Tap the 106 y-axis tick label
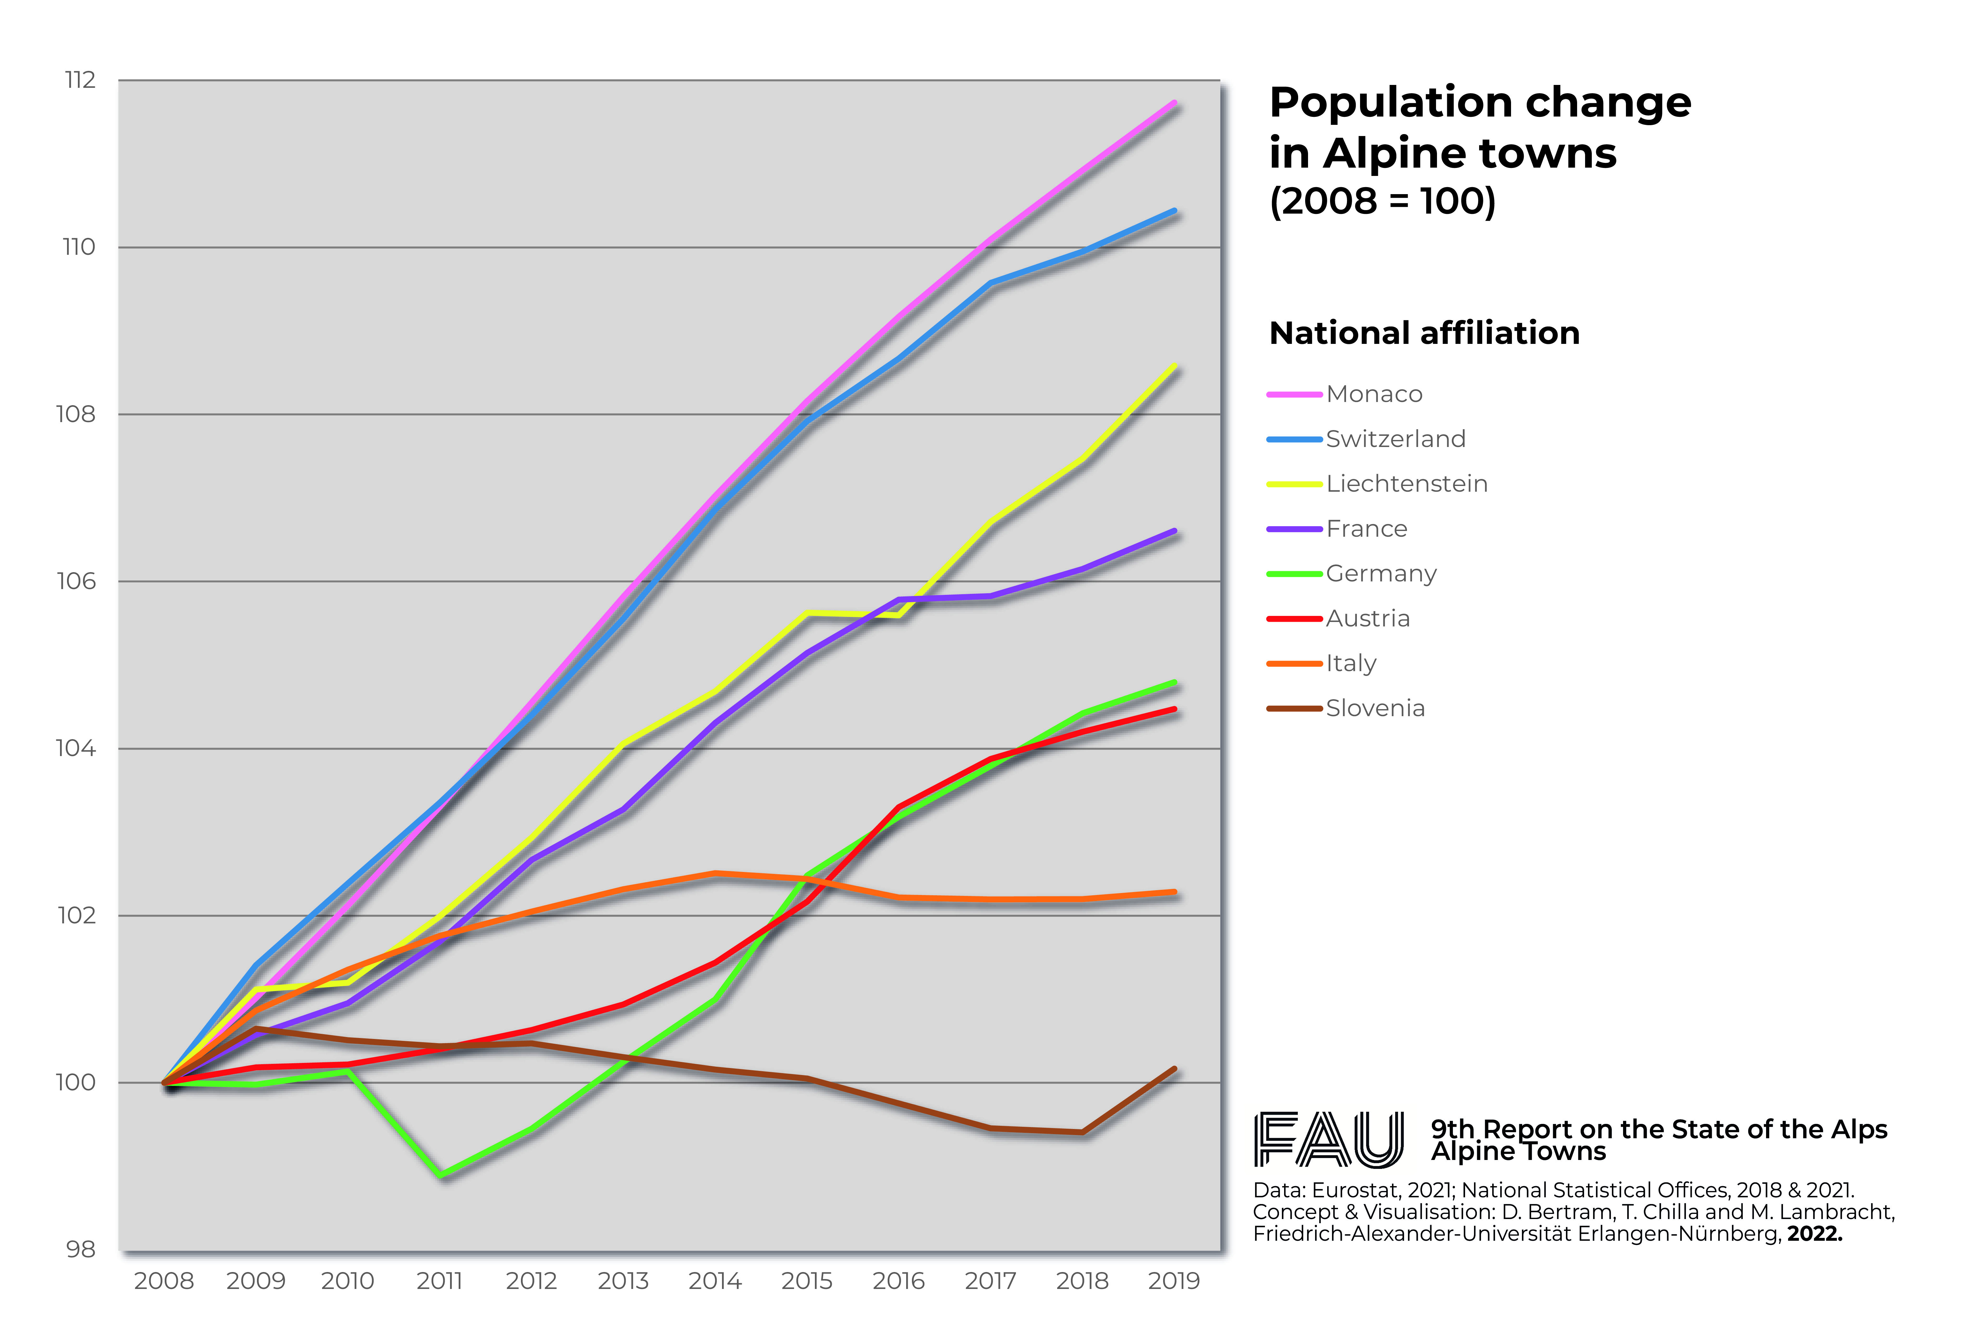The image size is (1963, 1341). pyautogui.click(x=76, y=581)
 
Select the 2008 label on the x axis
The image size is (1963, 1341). pyautogui.click(x=164, y=1281)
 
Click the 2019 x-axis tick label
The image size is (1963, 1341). pyautogui.click(x=1173, y=1281)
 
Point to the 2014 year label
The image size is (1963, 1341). pyautogui.click(x=715, y=1281)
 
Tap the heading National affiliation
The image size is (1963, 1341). pyautogui.click(x=1424, y=333)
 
